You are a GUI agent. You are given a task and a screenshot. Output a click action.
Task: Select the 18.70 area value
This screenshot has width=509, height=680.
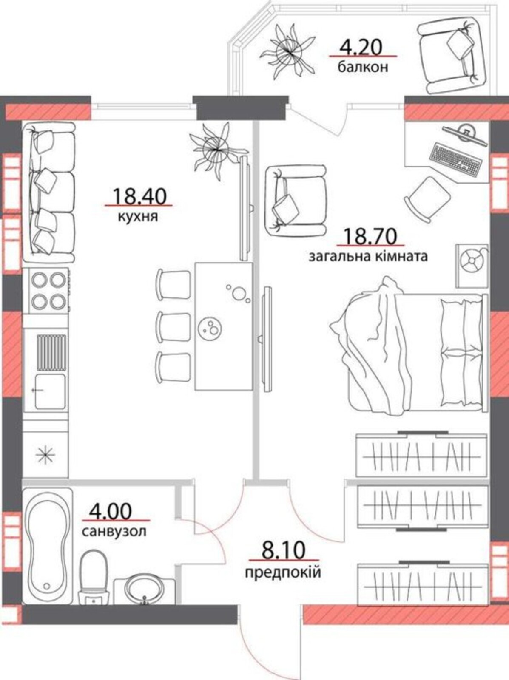pos(370,236)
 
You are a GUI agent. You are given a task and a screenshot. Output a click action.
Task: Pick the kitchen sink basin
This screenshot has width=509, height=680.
pos(50,391)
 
